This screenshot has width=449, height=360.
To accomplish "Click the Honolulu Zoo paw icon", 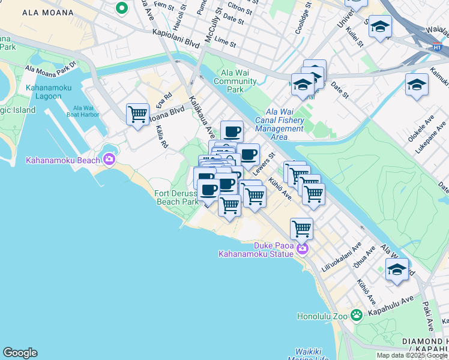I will pyautogui.click(x=357, y=314).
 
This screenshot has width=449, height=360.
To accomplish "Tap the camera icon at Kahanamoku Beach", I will pyautogui.click(x=109, y=159).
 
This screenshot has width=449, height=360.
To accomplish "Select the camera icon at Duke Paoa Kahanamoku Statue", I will pyautogui.click(x=303, y=248).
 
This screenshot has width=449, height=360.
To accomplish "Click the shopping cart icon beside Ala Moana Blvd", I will pyautogui.click(x=138, y=114).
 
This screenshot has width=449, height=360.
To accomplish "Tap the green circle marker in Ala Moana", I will pyautogui.click(x=122, y=8).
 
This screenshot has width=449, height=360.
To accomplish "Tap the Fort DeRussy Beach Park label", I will pyautogui.click(x=177, y=197).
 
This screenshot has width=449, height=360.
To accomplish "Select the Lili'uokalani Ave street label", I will pyautogui.click(x=342, y=259).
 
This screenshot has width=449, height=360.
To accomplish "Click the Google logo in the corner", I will pyautogui.click(x=20, y=353).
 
